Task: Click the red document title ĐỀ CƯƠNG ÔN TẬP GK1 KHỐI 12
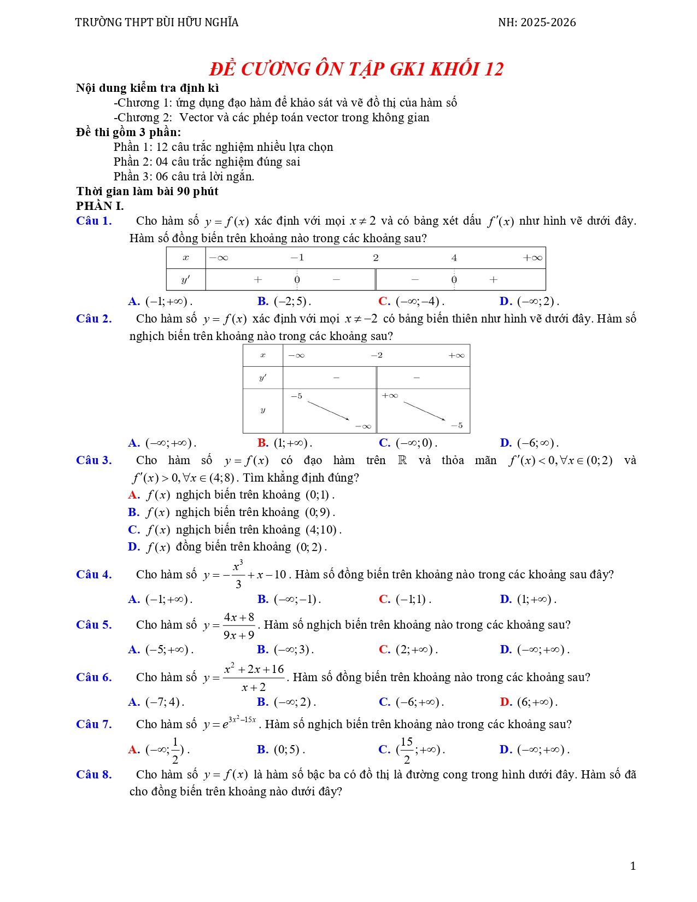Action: pyautogui.click(x=356, y=69)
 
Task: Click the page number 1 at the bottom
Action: pyautogui.click(x=633, y=866)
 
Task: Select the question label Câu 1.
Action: pyautogui.click(x=94, y=221)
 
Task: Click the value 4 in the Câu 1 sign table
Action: pyautogui.click(x=454, y=258)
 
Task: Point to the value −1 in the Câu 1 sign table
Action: pyautogui.click(x=297, y=258)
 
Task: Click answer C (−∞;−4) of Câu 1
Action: pyautogui.click(x=411, y=301)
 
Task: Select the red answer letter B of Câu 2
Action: pyautogui.click(x=262, y=443)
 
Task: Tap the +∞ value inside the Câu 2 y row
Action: pyautogui.click(x=390, y=395)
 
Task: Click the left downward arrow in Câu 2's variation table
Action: pyautogui.click(x=328, y=411)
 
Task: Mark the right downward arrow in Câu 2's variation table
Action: pyautogui.click(x=424, y=411)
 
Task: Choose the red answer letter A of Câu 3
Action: pyautogui.click(x=134, y=495)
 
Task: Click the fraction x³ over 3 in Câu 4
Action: pyautogui.click(x=238, y=575)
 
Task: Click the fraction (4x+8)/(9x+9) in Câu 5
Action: pyautogui.click(x=239, y=626)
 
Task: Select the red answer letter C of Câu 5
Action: pyautogui.click(x=384, y=649)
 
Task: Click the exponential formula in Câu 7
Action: pyautogui.click(x=230, y=724)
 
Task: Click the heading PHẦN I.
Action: pyautogui.click(x=100, y=206)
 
